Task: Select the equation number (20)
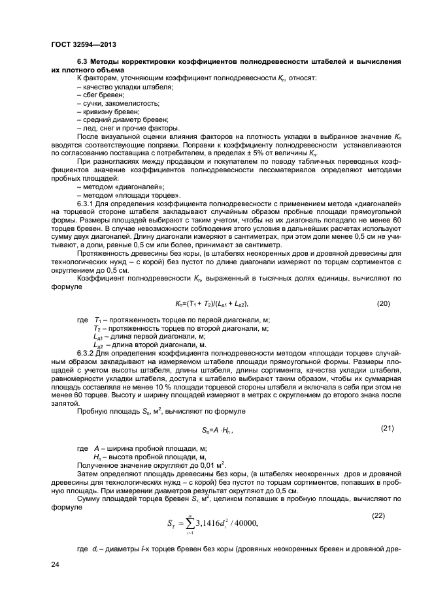(x=386, y=304)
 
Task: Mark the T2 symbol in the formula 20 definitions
(x=99, y=328)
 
